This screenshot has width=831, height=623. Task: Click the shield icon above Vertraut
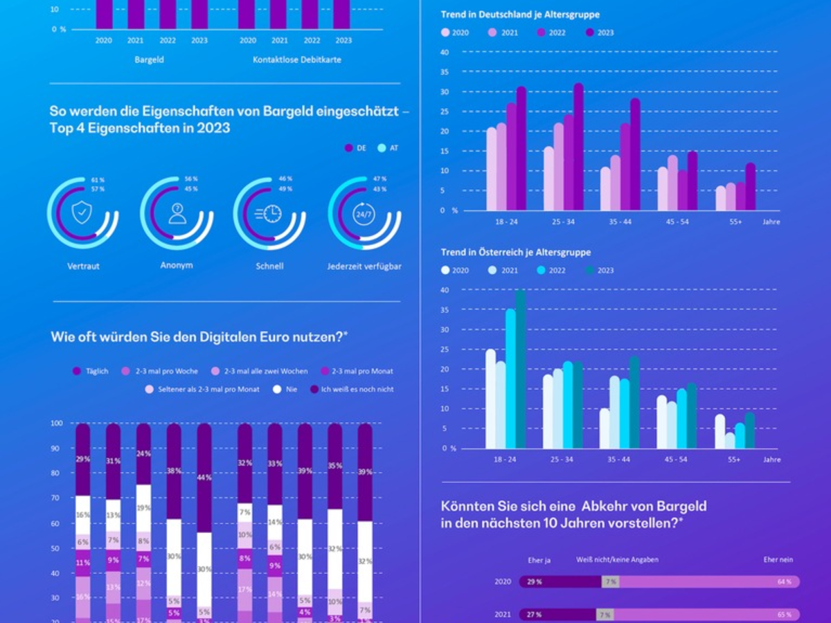pos(82,213)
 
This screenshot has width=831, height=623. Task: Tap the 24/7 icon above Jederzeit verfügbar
pos(363,214)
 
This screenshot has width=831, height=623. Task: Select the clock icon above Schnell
pos(269,213)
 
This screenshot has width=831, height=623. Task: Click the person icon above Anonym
pos(177,213)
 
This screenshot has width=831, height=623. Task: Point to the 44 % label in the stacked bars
pos(204,478)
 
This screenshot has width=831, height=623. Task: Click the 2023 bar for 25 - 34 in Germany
pos(578,147)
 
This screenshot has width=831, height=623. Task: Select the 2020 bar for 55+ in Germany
pos(721,198)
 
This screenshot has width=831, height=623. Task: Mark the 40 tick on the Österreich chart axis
pos(445,290)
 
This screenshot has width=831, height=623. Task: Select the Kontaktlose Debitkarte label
pos(296,60)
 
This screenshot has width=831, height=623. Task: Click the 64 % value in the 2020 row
pos(784,582)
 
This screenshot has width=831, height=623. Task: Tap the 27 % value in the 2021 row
pos(534,615)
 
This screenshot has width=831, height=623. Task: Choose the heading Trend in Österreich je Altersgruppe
pos(515,253)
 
